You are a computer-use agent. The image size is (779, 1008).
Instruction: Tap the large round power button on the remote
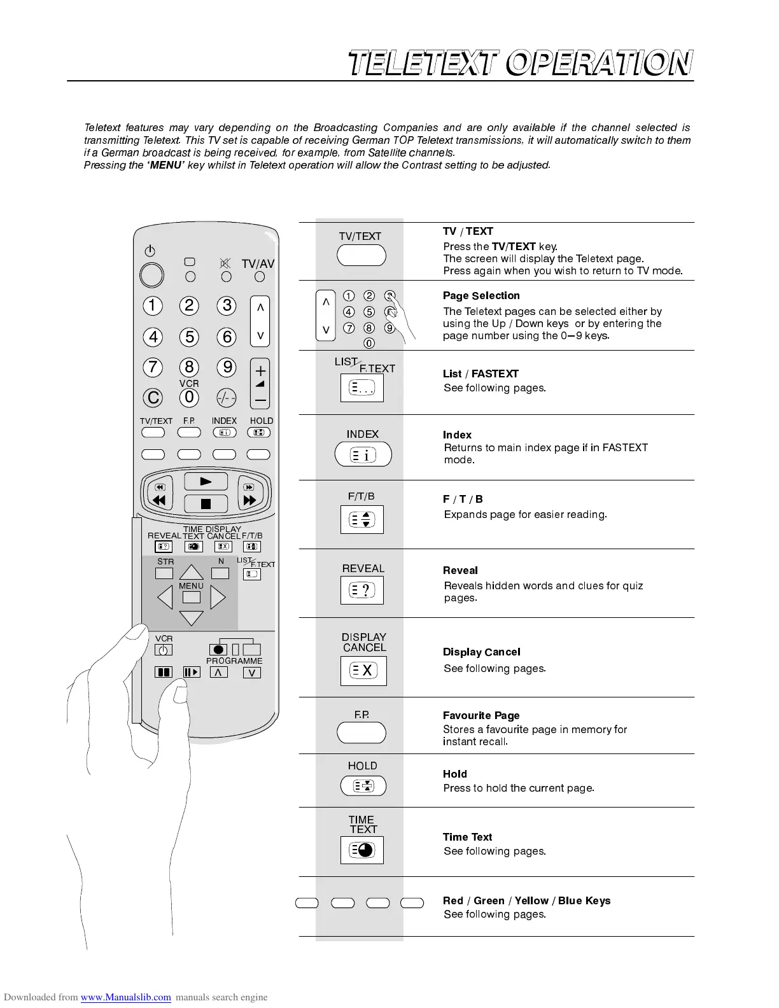pos(151,275)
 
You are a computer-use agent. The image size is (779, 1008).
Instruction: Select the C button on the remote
pos(153,398)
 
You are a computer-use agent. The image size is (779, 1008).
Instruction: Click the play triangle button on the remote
pos(206,482)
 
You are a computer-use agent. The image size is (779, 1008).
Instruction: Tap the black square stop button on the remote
pos(206,504)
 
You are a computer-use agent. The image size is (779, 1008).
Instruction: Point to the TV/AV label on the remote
pos(258,264)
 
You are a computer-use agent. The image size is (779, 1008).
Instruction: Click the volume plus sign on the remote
pos(260,370)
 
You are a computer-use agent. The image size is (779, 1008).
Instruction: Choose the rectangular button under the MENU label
pos(191,598)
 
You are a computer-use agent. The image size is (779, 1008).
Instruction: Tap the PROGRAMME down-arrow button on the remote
pos(252,673)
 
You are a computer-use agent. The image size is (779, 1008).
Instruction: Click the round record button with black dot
pos(218,650)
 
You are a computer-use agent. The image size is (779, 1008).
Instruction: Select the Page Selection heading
pos(481,296)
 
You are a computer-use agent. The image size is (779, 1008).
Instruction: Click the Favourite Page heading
pos(481,715)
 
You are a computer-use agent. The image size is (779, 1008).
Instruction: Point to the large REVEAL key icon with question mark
pos(362,591)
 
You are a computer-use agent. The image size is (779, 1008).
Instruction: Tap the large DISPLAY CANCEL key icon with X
pos(363,670)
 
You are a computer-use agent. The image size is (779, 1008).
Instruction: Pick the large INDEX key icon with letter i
pos(363,454)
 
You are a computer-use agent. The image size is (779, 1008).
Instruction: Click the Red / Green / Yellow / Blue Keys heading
pos(526,900)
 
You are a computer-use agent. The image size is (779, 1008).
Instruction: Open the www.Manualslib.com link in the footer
pos(125,997)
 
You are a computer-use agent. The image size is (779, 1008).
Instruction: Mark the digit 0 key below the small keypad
pos(369,343)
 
